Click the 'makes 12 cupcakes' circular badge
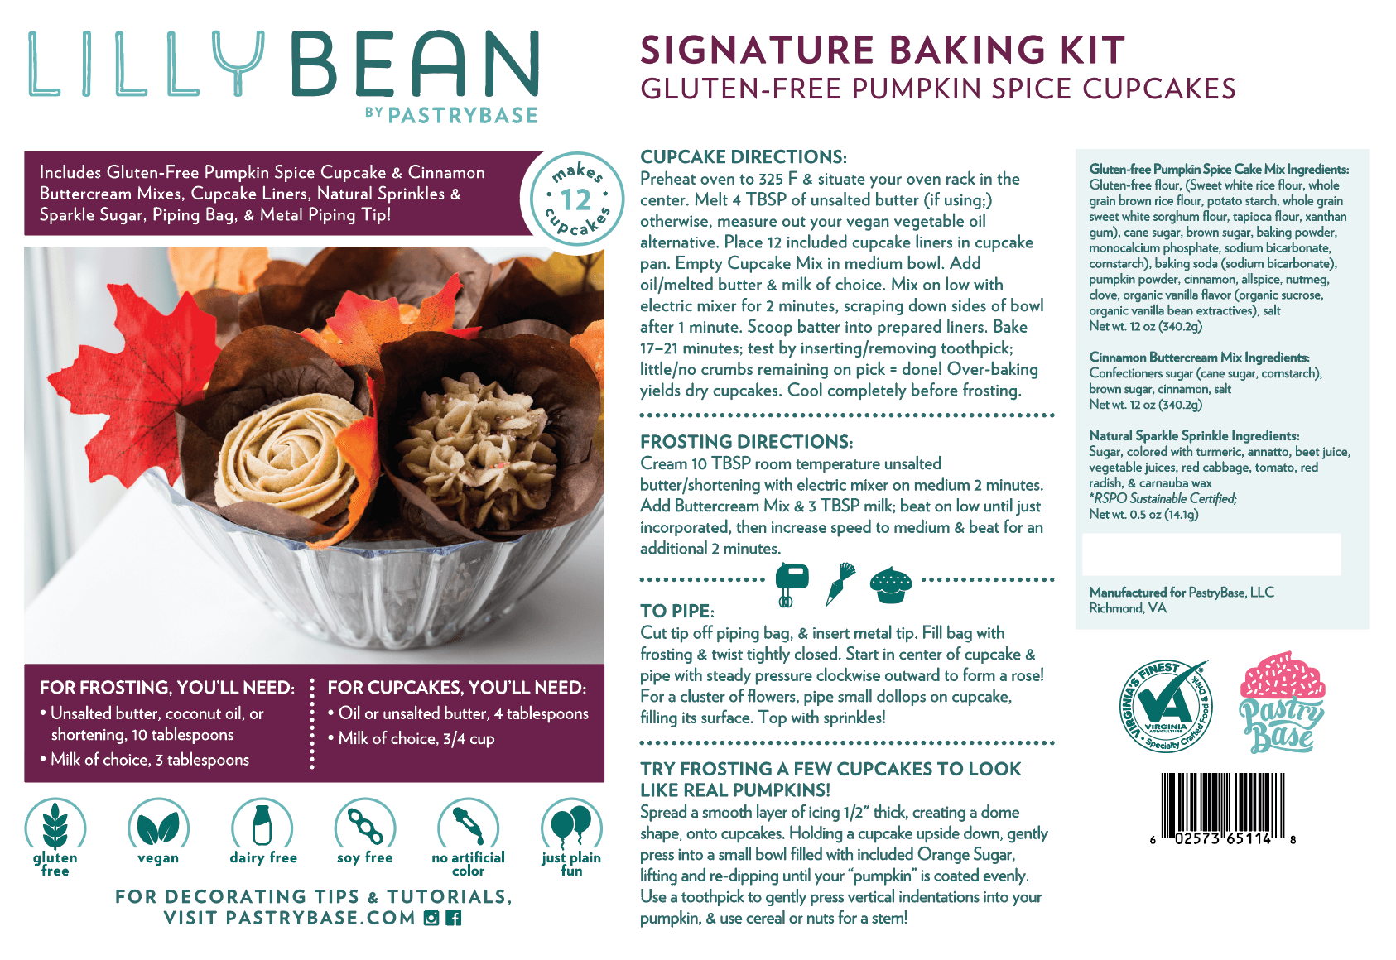pyautogui.click(x=576, y=198)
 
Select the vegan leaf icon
pyautogui.click(x=158, y=824)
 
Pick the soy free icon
pyautogui.click(x=365, y=824)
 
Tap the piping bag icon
pyautogui.click(x=840, y=584)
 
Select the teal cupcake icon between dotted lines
pyautogui.click(x=891, y=585)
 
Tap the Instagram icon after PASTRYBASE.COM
pyautogui.click(x=431, y=918)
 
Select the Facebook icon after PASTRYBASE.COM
pyautogui.click(x=454, y=918)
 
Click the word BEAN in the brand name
pyautogui.click(x=415, y=64)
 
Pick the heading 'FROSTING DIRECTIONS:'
pyautogui.click(x=746, y=442)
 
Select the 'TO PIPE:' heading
pyautogui.click(x=676, y=611)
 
